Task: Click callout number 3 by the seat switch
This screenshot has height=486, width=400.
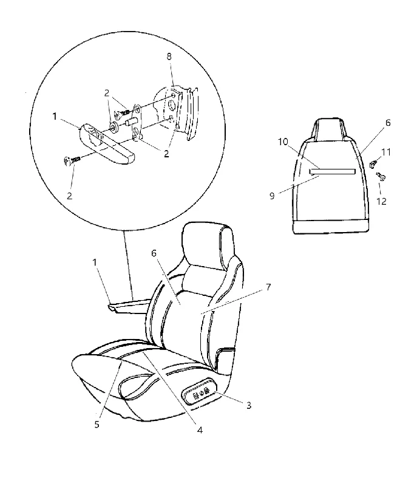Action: [249, 405]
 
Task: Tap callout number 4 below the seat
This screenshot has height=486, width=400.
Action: [200, 430]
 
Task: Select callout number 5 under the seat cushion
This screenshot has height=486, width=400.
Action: [97, 424]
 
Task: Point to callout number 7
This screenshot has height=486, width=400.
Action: [268, 287]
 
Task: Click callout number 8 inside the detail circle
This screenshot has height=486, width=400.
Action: [169, 56]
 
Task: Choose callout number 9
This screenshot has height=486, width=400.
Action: [272, 196]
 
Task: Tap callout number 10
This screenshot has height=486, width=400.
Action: [283, 142]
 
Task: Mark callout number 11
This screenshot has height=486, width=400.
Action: [386, 152]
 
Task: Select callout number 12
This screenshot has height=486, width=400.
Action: [381, 201]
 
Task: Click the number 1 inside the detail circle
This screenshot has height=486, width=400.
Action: [55, 116]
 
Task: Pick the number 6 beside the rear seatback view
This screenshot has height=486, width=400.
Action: [388, 123]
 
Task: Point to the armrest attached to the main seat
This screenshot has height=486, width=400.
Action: [130, 306]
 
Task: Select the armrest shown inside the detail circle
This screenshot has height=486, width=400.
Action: [105, 143]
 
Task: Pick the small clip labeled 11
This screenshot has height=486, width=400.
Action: [373, 164]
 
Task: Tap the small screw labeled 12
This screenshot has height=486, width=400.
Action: [381, 176]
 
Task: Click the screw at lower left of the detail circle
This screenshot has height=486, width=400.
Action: [72, 160]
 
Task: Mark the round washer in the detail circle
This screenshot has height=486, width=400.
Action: [114, 126]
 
